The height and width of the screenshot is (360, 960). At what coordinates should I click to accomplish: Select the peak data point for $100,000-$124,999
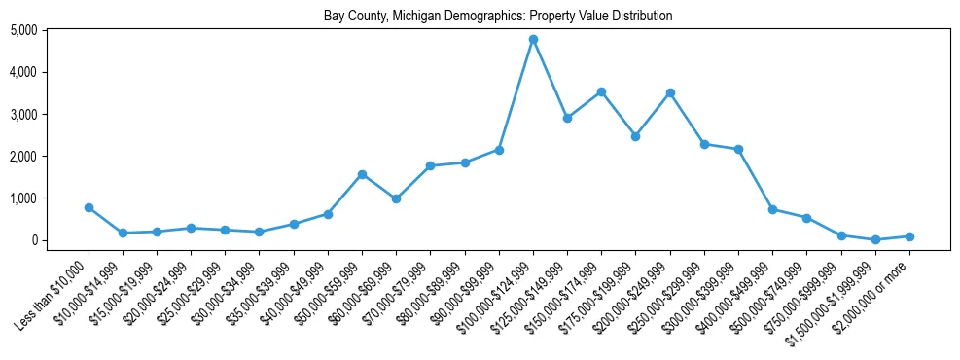pyautogui.click(x=533, y=40)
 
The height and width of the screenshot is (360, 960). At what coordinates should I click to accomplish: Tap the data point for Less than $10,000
pyautogui.click(x=89, y=207)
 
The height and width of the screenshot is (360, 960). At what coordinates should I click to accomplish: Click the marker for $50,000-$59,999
pyautogui.click(x=362, y=174)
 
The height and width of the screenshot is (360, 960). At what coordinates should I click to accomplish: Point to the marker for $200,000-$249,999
pyautogui.click(x=670, y=93)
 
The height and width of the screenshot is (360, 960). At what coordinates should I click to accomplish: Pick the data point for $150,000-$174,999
pyautogui.click(x=601, y=91)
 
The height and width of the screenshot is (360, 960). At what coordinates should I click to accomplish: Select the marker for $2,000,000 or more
pyautogui.click(x=909, y=236)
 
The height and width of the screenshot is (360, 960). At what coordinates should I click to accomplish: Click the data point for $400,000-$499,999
pyautogui.click(x=772, y=209)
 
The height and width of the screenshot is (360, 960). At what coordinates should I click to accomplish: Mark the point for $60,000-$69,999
pyautogui.click(x=396, y=198)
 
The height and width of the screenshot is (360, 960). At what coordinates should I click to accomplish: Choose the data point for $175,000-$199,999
pyautogui.click(x=635, y=136)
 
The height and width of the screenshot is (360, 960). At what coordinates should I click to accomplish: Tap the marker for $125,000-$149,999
pyautogui.click(x=567, y=118)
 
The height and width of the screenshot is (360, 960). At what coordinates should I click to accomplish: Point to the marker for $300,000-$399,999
pyautogui.click(x=738, y=150)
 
